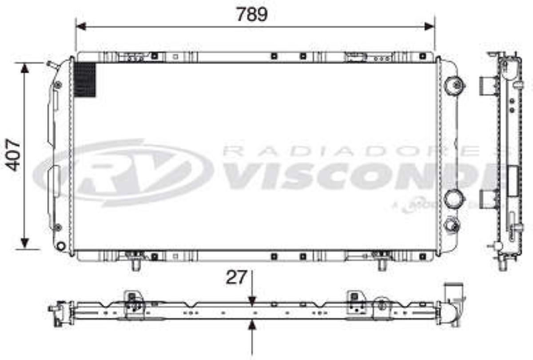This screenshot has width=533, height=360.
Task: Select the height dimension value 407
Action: pyautogui.click(x=14, y=155)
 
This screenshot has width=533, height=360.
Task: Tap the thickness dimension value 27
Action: pyautogui.click(x=236, y=277)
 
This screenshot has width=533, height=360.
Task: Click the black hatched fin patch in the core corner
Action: pyautogui.click(x=85, y=80)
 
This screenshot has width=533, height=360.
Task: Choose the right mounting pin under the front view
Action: pyautogui.click(x=382, y=265)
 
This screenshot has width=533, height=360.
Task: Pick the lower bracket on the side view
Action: pyautogui.click(x=488, y=199)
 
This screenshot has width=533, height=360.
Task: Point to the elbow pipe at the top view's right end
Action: pyautogui.click(x=454, y=302)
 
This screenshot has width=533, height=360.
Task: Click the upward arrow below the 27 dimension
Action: pyautogui.click(x=252, y=327)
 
